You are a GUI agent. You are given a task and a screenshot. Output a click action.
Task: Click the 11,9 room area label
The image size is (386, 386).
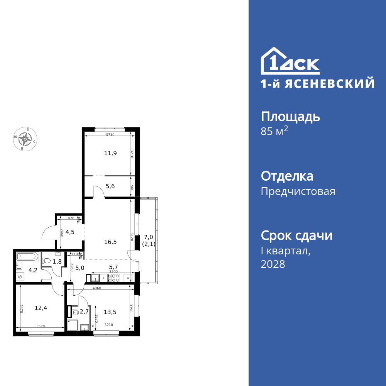point(110,153)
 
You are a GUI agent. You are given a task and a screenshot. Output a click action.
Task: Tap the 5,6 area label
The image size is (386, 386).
point(110,186)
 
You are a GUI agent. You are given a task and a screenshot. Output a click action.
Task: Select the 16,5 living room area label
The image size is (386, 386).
point(110,242)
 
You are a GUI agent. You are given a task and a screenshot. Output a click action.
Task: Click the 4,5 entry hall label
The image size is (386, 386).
point(70,232)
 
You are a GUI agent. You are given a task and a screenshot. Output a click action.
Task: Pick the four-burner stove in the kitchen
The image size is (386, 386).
point(116,278)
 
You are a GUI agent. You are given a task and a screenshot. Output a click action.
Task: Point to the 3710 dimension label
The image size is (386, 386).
point(110,134)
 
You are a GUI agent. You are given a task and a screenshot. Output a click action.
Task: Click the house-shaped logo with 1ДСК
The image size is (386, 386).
point(290,61)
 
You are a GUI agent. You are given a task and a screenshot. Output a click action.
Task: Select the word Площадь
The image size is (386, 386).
point(290,117)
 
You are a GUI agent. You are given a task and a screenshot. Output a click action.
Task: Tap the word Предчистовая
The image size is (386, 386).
point(298,191)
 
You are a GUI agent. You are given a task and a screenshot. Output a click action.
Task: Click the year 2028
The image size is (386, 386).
point(273,264)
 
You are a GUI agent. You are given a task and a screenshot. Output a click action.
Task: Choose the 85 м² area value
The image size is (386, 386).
point(274,131)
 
